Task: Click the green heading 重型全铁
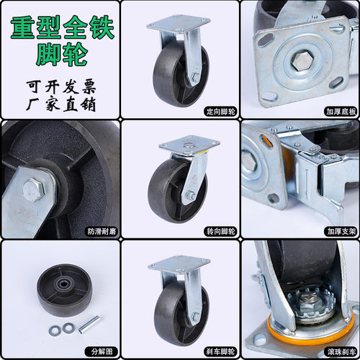(x=62, y=27)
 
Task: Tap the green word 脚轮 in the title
(x=62, y=54)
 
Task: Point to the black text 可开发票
(x=61, y=87)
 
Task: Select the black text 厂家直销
(x=61, y=104)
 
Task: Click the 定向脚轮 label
(x=220, y=112)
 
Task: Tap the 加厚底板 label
(x=341, y=112)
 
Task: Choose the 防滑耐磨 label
(x=102, y=232)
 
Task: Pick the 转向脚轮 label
(x=220, y=232)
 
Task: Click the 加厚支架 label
(x=341, y=232)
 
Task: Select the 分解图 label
(x=102, y=351)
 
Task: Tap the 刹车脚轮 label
(x=220, y=351)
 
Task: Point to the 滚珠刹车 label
(x=341, y=351)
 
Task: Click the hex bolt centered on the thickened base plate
(x=302, y=60)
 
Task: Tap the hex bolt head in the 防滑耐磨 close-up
(x=34, y=189)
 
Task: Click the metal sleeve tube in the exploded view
(x=89, y=324)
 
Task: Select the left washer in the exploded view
(x=55, y=330)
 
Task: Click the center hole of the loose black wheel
(x=64, y=284)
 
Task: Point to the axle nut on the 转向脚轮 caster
(x=191, y=195)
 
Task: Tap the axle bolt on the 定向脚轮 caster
(x=195, y=77)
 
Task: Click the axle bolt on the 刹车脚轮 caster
(x=196, y=317)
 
